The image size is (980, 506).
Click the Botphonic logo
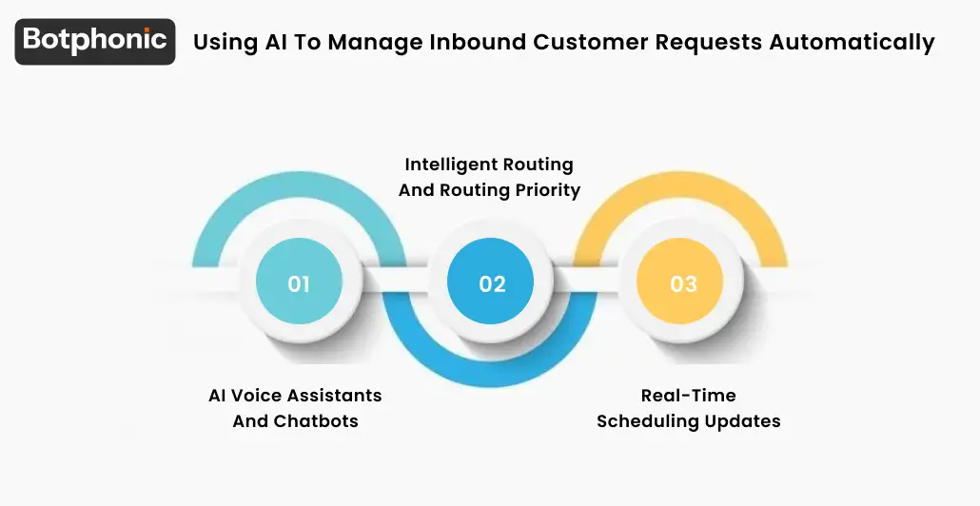(95, 41)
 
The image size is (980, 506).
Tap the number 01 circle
(299, 283)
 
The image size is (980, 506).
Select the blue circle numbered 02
(492, 283)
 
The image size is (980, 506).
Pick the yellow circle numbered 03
(683, 283)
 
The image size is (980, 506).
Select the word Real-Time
(688, 396)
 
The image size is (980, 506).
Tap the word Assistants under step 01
(335, 396)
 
